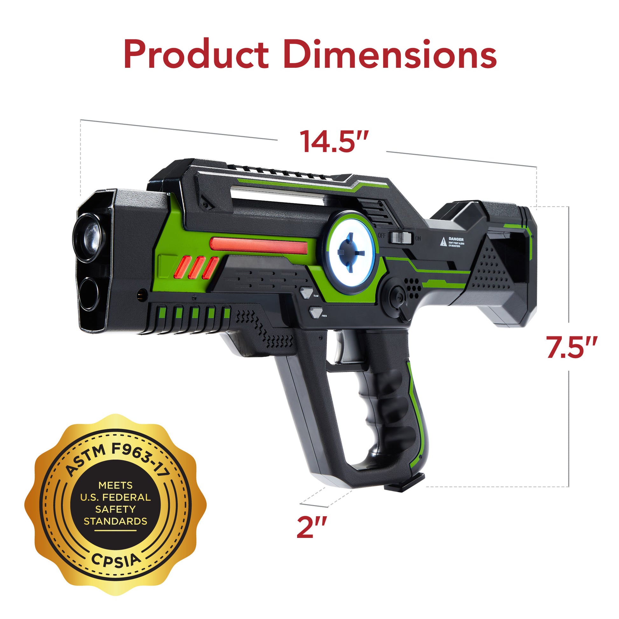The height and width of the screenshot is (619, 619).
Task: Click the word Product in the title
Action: click(x=196, y=54)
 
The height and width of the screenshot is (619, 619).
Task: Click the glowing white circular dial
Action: click(x=351, y=252)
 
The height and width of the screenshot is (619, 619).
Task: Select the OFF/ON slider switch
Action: click(x=400, y=238)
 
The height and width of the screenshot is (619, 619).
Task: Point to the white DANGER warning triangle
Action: click(x=443, y=242)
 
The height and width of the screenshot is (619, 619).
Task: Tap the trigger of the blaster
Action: click(x=341, y=348)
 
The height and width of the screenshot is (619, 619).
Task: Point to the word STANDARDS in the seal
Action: click(x=116, y=521)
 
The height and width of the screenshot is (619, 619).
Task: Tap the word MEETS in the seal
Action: click(x=115, y=485)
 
